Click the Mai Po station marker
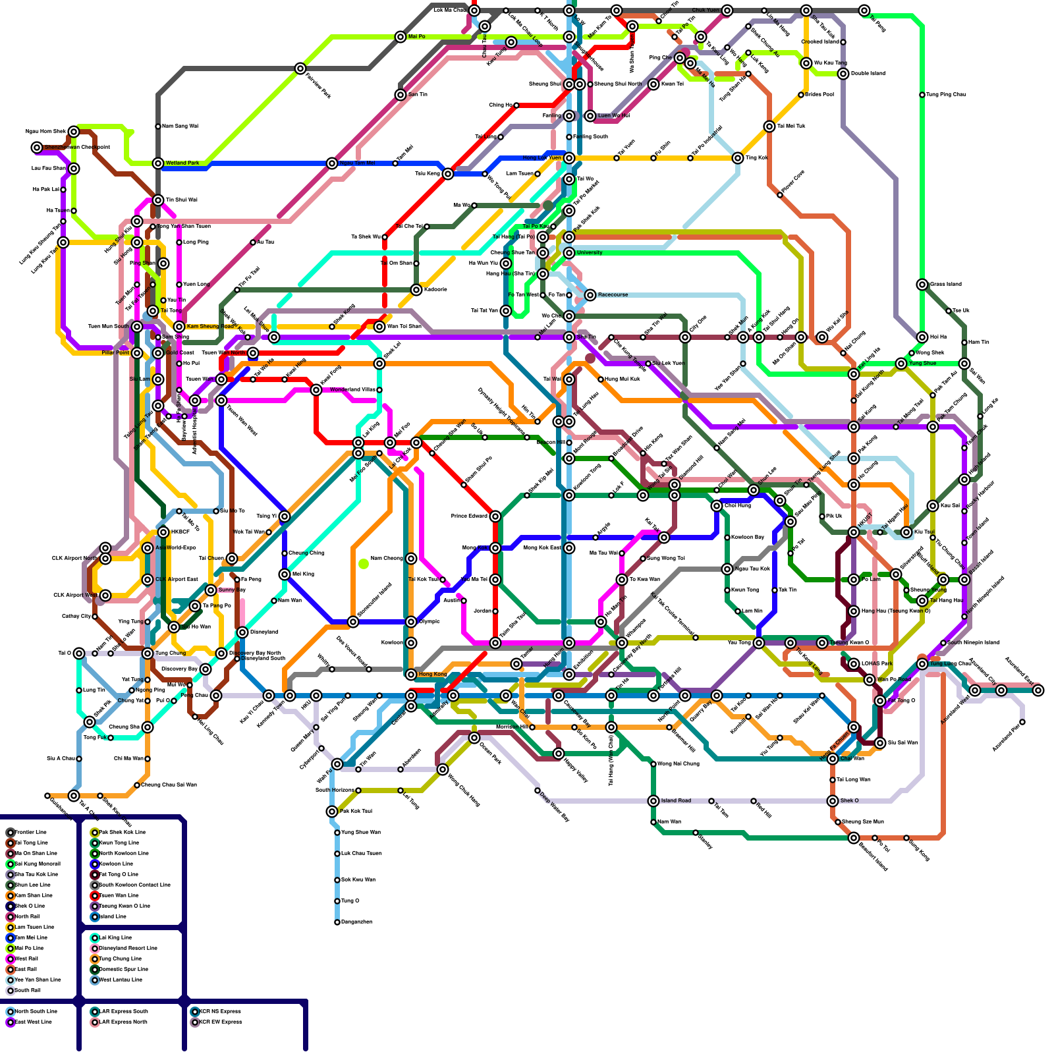401,37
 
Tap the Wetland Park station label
182,163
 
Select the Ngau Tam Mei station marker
332,163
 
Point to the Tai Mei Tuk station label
791,126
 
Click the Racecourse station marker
590,295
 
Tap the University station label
590,252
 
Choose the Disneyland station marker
242,632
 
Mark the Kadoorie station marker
416,290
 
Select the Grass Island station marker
922,285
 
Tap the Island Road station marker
653,801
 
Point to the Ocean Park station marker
474,738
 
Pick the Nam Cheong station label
387,559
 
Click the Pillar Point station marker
137,353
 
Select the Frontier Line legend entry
29,833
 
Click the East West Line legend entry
33,1022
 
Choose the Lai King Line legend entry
115,938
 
